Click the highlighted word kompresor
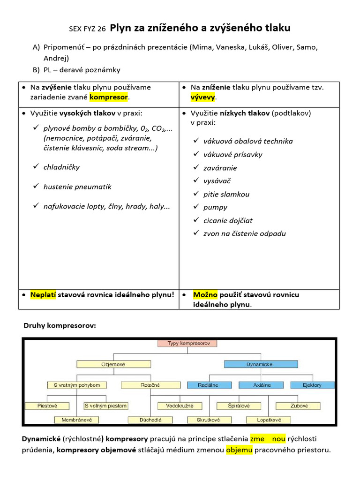pyautogui.click(x=109, y=97)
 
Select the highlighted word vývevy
pyautogui.click(x=203, y=97)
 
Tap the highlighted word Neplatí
pyautogui.click(x=43, y=295)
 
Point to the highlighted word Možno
pyautogui.click(x=205, y=295)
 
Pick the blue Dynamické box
pyautogui.click(x=261, y=364)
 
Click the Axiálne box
pyautogui.click(x=262, y=385)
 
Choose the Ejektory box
pyautogui.click(x=313, y=385)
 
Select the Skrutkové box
pyautogui.click(x=209, y=420)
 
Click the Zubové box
pyautogui.click(x=298, y=406)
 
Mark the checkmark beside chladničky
pyautogui.click(x=36, y=167)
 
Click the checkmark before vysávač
pyautogui.click(x=196, y=180)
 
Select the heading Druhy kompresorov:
pyautogui.click(x=60, y=325)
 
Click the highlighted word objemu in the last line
pyautogui.click(x=239, y=450)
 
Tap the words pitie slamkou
pyautogui.click(x=226, y=194)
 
